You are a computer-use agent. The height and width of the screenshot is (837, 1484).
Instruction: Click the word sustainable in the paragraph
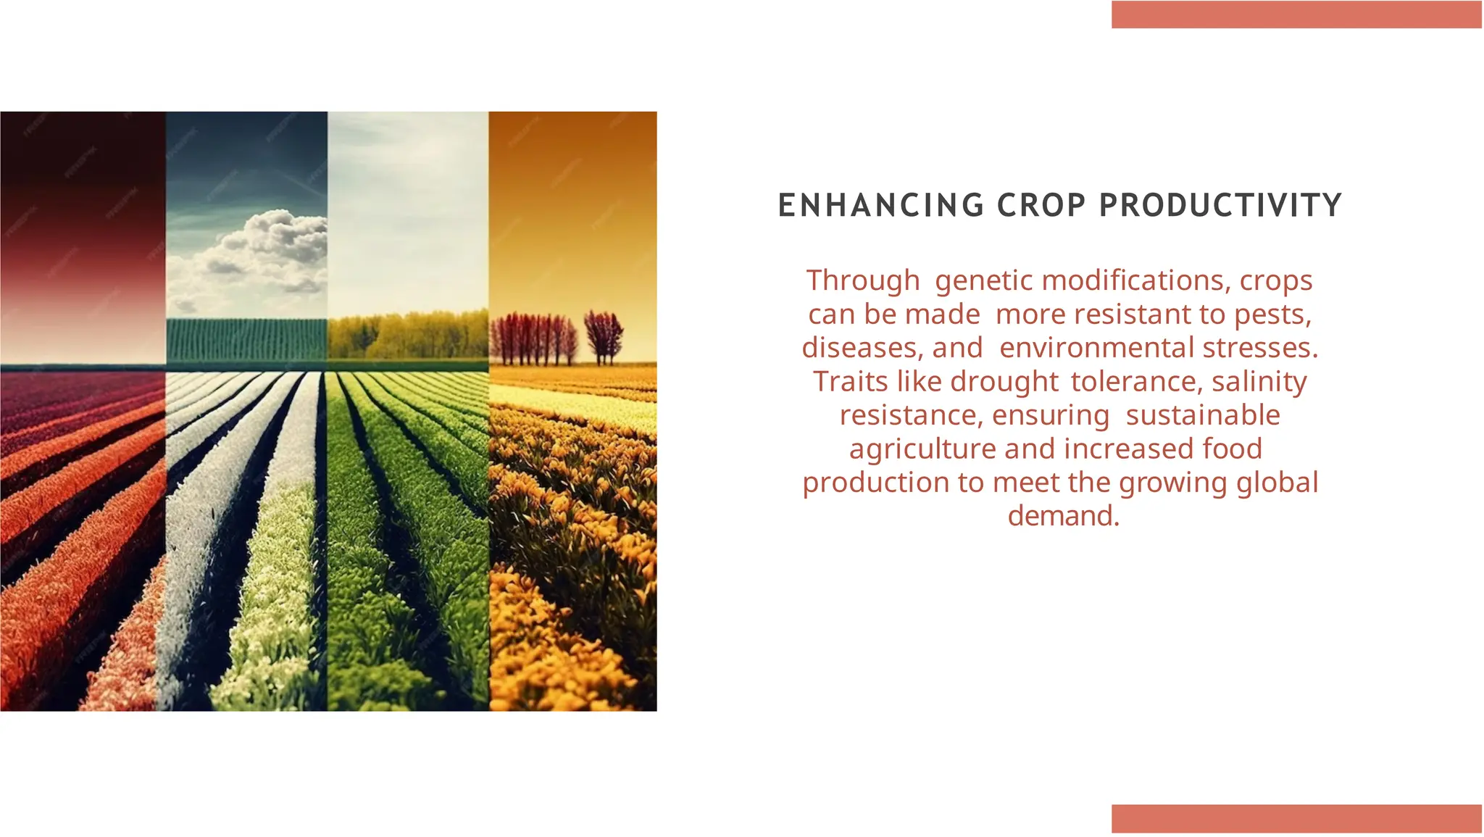click(1202, 415)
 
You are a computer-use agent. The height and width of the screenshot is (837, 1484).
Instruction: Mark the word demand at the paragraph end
click(1061, 516)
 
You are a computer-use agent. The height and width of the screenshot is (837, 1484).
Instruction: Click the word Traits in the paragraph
click(850, 381)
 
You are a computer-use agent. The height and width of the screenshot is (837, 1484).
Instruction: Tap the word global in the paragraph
click(1277, 483)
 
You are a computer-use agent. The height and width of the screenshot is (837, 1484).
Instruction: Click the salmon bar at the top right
click(1296, 14)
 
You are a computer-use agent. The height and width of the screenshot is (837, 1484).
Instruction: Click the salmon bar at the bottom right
click(1296, 818)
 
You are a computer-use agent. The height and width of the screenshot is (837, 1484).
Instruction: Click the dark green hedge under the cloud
click(246, 341)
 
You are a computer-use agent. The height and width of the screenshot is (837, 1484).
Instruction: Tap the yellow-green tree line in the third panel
click(408, 335)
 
